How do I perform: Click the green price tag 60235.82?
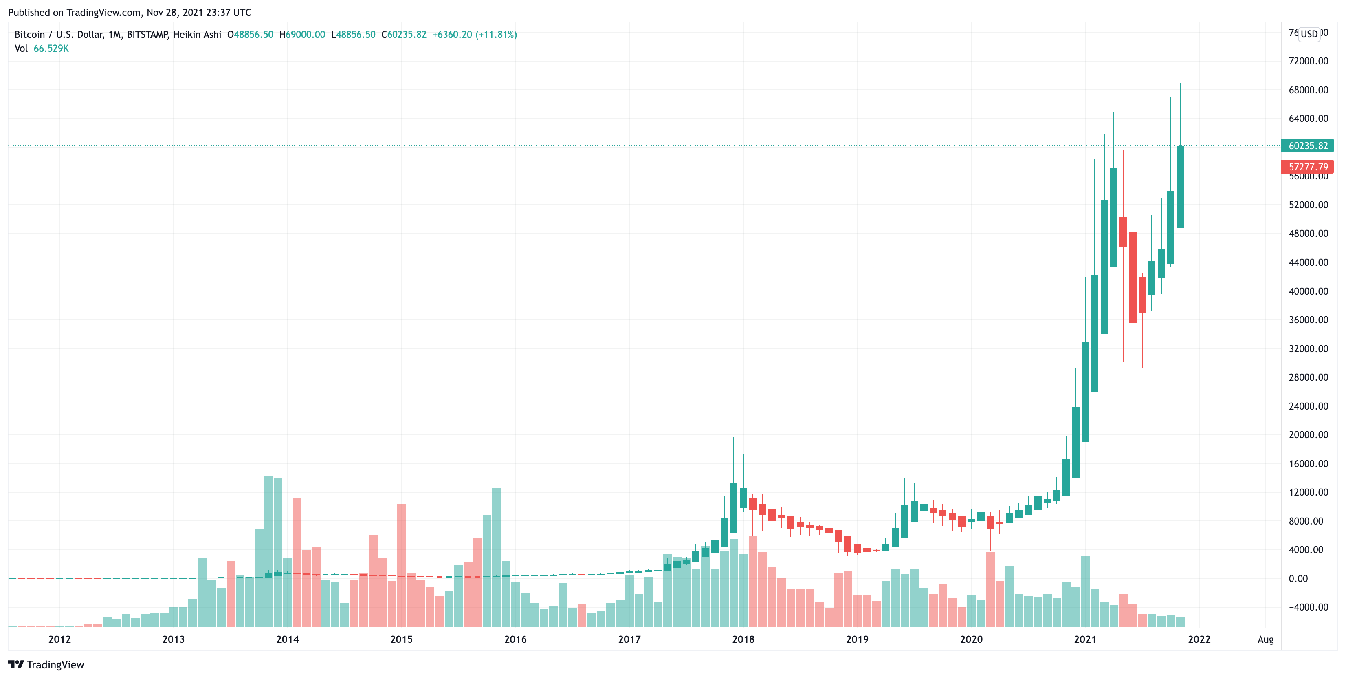1307,146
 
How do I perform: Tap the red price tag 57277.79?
1307,167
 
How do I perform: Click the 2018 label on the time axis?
743,639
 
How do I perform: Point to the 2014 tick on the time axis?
287,639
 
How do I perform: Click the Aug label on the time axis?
1265,639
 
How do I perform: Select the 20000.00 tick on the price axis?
1308,435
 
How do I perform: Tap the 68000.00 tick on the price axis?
1308,90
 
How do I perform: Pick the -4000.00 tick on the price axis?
1308,607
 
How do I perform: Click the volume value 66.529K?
51,48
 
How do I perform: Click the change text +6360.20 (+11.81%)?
475,35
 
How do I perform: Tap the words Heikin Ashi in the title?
197,35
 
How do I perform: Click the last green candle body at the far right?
1180,187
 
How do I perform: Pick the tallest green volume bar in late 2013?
268,551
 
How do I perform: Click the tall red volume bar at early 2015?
401,564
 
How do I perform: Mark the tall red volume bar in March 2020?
990,589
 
